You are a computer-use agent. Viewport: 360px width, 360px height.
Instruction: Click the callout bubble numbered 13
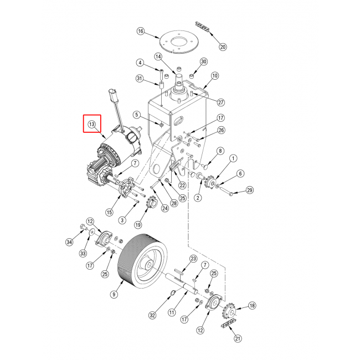pyautogui.click(x=91, y=125)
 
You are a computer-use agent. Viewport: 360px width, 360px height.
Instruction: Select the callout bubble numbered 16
pyautogui.click(x=141, y=31)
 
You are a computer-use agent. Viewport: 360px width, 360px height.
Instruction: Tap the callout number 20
pyautogui.click(x=223, y=47)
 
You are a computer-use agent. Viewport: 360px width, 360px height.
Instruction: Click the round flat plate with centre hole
pyautogui.click(x=179, y=41)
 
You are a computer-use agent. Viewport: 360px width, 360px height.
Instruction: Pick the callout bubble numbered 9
pyautogui.click(x=114, y=294)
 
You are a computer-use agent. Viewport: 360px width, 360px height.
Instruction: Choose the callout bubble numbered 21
pyautogui.click(x=238, y=338)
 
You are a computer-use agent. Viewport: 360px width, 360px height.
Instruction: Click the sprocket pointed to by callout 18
pyautogui.click(x=229, y=312)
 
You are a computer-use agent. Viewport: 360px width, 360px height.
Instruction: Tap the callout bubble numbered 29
pyautogui.click(x=250, y=190)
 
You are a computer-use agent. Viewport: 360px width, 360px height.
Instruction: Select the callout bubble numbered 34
pyautogui.click(x=69, y=242)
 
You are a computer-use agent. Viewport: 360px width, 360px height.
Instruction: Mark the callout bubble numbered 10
pyautogui.click(x=215, y=76)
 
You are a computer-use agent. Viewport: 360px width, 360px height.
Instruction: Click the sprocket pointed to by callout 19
pyautogui.click(x=152, y=203)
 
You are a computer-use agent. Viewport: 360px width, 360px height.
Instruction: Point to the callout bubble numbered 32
pyautogui.click(x=152, y=315)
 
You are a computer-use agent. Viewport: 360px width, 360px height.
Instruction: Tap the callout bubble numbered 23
pyautogui.click(x=193, y=259)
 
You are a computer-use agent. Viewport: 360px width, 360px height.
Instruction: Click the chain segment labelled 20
pyautogui.click(x=202, y=27)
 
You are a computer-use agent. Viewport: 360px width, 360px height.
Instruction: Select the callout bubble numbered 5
pyautogui.click(x=137, y=115)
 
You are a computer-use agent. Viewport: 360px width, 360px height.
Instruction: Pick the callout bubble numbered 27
pyautogui.click(x=221, y=102)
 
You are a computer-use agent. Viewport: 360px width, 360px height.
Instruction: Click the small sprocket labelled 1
pyautogui.click(x=211, y=181)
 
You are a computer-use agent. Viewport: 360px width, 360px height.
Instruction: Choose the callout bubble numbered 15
pyautogui.click(x=109, y=212)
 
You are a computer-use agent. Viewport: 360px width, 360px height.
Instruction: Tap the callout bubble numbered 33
pyautogui.click(x=83, y=254)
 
